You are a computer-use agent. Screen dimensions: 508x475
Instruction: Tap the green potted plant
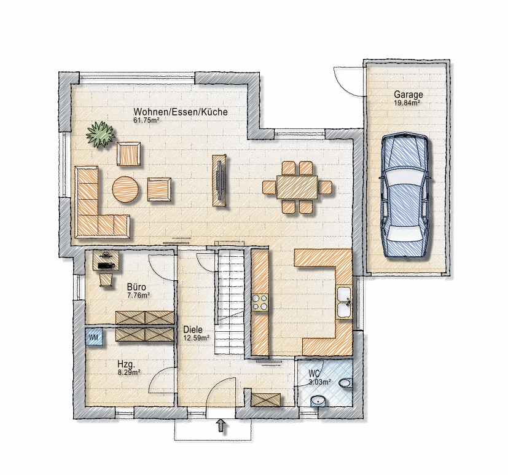click(x=101, y=135)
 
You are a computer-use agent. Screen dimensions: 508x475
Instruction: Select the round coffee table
click(x=125, y=189)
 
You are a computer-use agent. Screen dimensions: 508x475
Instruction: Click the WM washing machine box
click(x=94, y=337)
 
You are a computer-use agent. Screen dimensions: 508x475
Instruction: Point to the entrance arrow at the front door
click(x=221, y=425)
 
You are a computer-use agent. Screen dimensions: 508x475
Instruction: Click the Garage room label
click(x=408, y=95)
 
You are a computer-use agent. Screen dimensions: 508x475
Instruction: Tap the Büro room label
click(x=136, y=287)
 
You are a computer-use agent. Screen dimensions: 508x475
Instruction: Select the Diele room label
click(x=193, y=329)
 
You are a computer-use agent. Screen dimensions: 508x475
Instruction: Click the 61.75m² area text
click(x=146, y=120)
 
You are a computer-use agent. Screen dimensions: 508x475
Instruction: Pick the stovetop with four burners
click(x=260, y=302)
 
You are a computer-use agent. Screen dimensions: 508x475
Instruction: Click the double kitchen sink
click(x=344, y=302)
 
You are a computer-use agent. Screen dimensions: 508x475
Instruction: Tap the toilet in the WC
click(x=346, y=383)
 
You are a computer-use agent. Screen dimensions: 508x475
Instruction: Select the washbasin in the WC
click(x=319, y=401)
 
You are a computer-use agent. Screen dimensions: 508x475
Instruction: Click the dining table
click(x=297, y=187)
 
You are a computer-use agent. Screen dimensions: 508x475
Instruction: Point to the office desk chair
click(x=106, y=280)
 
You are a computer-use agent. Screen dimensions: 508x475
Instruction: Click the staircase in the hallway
click(x=230, y=302)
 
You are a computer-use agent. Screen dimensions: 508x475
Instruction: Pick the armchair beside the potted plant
click(x=129, y=154)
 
